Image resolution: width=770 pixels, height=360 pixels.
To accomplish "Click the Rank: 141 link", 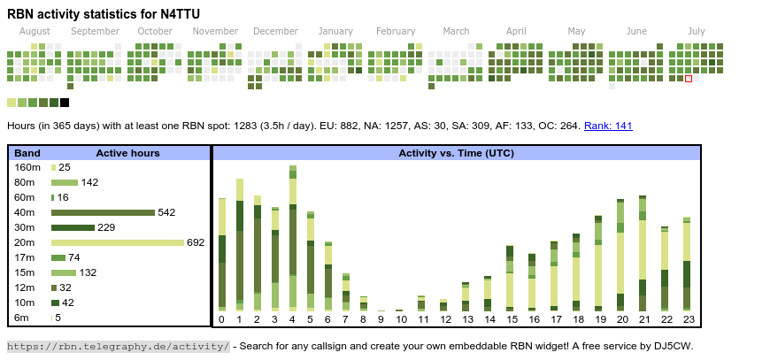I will click(x=608, y=126).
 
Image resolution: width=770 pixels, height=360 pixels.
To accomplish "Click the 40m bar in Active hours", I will click(x=103, y=212).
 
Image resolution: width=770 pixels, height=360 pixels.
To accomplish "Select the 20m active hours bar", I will click(x=118, y=242).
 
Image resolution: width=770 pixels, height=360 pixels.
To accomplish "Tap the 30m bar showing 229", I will click(x=73, y=227).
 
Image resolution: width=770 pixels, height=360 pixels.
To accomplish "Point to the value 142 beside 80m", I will click(x=89, y=182).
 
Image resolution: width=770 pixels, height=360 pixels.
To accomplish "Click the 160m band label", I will click(x=27, y=167).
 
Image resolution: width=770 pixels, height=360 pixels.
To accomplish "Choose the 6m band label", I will click(x=21, y=318).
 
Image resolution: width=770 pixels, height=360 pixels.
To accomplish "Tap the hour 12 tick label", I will click(x=444, y=319).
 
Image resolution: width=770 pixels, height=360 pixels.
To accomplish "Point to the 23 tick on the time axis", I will click(x=687, y=319).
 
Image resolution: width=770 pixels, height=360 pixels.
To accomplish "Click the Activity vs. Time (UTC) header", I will click(x=456, y=153).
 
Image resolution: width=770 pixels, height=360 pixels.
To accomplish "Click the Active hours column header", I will click(x=127, y=153).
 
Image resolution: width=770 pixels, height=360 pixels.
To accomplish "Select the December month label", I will click(x=275, y=31).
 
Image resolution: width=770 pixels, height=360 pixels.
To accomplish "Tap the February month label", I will click(x=395, y=31).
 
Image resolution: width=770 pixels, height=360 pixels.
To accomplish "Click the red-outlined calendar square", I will click(x=689, y=79).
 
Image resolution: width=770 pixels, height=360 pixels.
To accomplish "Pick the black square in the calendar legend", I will click(x=65, y=103).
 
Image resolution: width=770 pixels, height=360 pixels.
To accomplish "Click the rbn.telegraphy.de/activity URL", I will click(x=119, y=346).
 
